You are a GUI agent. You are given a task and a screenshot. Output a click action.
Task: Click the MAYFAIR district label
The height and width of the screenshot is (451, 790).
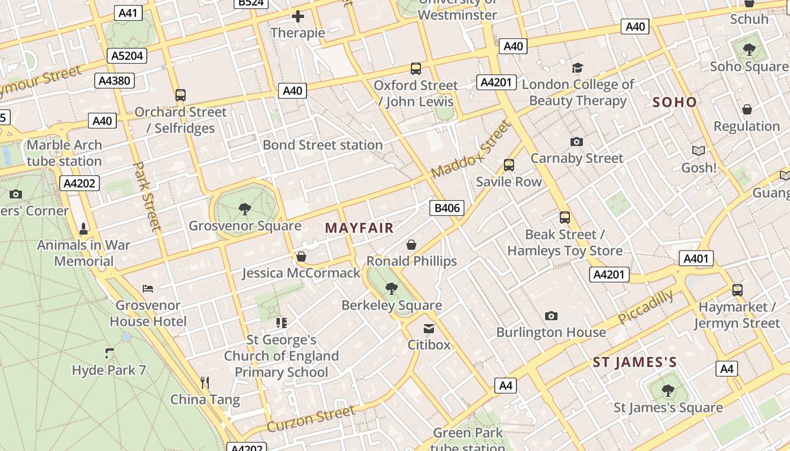[x=359, y=228]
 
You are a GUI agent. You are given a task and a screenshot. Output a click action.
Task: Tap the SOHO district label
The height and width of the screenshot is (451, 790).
[x=674, y=102]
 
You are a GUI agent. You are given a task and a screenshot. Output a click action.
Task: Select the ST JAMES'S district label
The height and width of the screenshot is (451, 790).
[x=634, y=362]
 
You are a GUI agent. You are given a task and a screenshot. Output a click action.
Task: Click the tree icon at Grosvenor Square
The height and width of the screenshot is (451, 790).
[x=245, y=209]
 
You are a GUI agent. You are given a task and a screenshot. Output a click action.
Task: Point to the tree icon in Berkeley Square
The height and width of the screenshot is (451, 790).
[x=391, y=289]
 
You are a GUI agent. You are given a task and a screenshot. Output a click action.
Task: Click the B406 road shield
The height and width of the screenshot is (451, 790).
[x=447, y=208]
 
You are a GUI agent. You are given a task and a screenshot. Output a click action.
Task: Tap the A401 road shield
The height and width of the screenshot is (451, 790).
[x=696, y=259]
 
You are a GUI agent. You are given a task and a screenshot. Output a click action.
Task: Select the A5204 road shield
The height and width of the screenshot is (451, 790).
[x=128, y=55]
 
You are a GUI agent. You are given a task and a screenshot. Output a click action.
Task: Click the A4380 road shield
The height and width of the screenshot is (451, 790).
[x=114, y=81]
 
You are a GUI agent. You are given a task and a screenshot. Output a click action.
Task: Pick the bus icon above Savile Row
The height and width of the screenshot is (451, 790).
[x=509, y=165]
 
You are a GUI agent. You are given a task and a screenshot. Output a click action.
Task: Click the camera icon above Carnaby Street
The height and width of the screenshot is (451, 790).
[x=576, y=142]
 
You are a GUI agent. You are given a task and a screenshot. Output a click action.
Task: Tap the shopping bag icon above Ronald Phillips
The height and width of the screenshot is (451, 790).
[x=411, y=245]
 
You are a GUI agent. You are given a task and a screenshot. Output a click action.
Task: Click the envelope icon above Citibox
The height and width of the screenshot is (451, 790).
[x=429, y=328]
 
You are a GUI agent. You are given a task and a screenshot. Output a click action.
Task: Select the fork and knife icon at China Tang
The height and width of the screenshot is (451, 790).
[x=205, y=383]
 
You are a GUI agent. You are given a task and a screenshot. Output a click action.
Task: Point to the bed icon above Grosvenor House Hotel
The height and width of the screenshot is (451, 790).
[x=148, y=289]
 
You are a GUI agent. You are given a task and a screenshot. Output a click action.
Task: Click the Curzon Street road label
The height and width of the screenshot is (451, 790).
[x=311, y=419]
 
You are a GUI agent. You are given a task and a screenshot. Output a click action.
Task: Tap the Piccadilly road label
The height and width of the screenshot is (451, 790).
[x=646, y=307]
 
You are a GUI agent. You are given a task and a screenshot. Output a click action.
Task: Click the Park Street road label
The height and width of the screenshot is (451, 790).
[x=147, y=196]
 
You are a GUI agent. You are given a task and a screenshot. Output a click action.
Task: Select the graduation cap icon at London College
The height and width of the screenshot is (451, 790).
[x=577, y=68]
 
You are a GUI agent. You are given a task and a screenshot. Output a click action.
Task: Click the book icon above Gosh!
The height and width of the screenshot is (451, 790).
[x=699, y=151]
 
